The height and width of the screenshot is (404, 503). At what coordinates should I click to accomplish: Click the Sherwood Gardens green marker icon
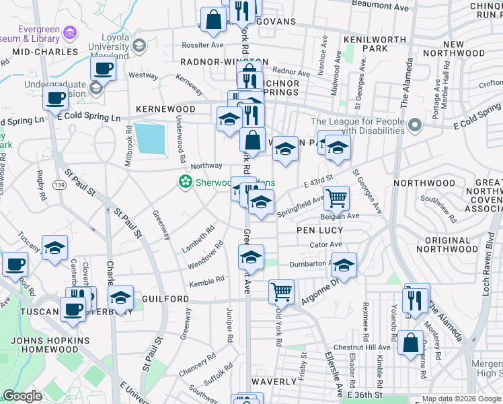tap(184, 182)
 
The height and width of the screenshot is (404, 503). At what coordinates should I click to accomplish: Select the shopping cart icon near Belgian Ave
tap(336, 198)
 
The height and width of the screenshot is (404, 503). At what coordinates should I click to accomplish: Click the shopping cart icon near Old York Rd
tap(281, 292)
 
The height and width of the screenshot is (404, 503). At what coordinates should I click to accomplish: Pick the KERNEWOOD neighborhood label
tap(165, 109)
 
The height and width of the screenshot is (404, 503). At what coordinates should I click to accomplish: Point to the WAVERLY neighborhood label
tap(274, 382)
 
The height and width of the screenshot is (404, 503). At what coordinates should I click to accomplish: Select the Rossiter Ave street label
tap(202, 45)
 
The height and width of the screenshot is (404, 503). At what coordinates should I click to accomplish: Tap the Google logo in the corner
tap(22, 397)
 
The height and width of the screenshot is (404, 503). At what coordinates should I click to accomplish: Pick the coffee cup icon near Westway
tap(104, 67)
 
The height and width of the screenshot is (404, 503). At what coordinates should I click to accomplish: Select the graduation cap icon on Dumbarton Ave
tap(344, 265)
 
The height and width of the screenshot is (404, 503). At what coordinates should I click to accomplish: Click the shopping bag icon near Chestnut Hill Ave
tap(410, 342)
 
